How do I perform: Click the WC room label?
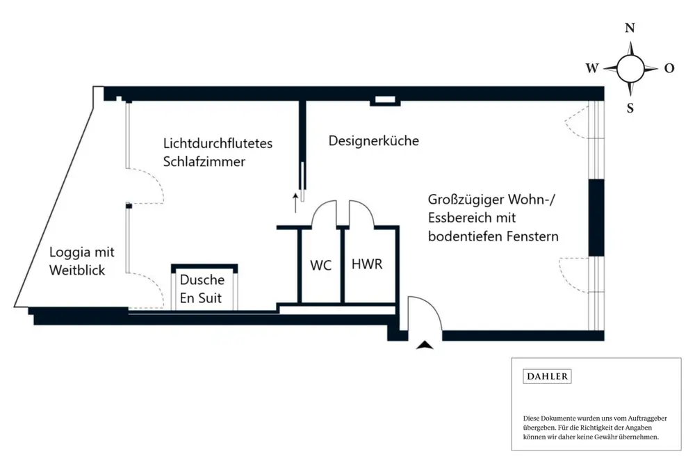320,265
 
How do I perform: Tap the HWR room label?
367,265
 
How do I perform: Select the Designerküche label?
374,140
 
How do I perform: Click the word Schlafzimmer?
204,161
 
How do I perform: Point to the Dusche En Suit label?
202,289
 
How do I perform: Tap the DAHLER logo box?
547,376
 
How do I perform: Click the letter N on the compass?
630,29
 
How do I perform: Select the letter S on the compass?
630,108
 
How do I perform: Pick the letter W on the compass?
592,68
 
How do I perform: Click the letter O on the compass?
669,68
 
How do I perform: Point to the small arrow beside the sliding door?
295,202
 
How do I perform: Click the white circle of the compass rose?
630,68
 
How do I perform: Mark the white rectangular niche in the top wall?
384,101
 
